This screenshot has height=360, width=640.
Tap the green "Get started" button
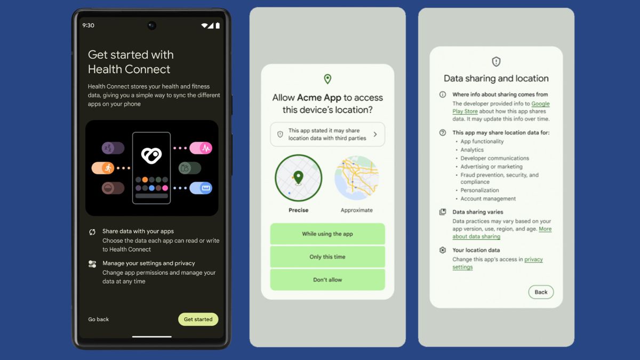point(198,319)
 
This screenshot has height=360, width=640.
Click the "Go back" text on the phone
point(98,319)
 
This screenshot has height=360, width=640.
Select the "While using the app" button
point(327,234)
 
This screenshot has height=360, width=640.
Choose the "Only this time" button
point(327,257)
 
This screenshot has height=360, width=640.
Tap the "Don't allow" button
point(327,280)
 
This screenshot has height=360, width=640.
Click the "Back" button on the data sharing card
point(541,292)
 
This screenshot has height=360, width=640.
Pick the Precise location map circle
point(299,178)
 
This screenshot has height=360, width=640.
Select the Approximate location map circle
point(356,178)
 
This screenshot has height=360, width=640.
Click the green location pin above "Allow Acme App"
point(327,79)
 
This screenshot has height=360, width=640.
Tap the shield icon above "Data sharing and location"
point(496,61)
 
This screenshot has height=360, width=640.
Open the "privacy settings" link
point(533,260)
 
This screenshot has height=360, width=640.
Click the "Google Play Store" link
point(540,104)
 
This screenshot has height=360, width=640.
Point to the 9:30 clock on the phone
point(88,26)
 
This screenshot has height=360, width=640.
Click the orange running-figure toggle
point(103,168)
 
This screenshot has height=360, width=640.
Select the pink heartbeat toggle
point(201,148)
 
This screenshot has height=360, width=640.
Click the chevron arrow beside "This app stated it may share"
point(375,134)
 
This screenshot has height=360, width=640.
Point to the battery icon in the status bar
point(218,26)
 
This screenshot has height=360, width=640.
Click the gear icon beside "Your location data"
point(442,250)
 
